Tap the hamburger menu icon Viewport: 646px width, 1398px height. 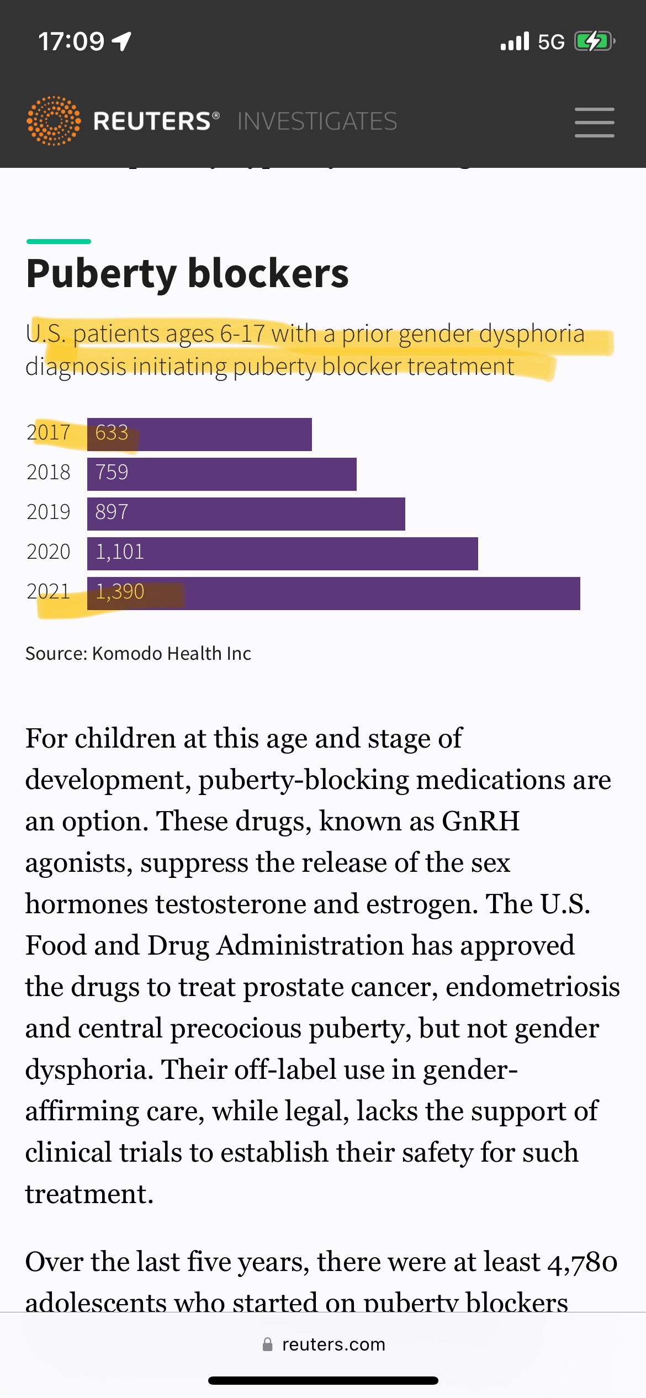tap(594, 122)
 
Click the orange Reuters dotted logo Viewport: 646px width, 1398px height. tap(54, 121)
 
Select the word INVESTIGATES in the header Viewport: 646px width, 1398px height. tap(317, 121)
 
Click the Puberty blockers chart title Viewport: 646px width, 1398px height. tap(187, 273)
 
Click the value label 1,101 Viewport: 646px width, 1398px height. tap(120, 552)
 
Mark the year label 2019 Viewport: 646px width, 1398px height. tap(49, 512)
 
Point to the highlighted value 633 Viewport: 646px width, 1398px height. tap(112, 433)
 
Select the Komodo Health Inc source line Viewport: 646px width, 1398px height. tap(138, 654)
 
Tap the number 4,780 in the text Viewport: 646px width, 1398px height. tap(582, 1262)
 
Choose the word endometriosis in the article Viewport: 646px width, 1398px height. tap(533, 987)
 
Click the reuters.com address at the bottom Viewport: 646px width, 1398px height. tap(333, 1344)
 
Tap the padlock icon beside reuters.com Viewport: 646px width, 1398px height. tap(268, 1344)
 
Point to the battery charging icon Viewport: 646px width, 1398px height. tap(594, 41)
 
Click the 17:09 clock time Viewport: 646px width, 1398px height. tap(71, 41)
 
